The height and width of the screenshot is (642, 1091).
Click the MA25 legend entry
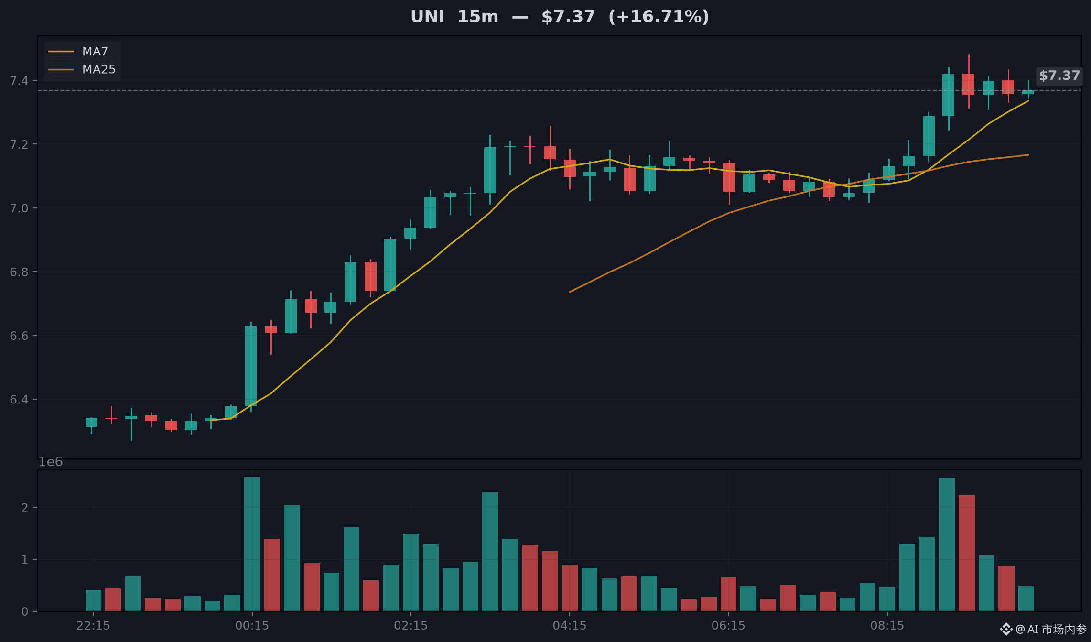82,69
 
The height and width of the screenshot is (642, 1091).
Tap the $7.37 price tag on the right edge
1059,76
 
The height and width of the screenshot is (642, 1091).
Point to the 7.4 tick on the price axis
19,80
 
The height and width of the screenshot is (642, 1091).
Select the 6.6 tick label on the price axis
19,336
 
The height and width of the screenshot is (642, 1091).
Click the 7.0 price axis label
19,208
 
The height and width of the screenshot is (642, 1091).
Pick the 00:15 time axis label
252,626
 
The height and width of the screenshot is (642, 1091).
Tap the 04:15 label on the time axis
570,626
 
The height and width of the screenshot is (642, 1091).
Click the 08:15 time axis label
887,626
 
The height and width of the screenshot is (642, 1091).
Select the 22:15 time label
93,626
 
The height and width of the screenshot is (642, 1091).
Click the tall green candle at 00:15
251,367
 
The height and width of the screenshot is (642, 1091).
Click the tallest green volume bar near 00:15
252,544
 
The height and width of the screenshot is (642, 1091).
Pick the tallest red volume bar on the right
966,553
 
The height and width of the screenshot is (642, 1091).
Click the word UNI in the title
427,17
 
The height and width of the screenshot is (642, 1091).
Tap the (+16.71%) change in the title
659,17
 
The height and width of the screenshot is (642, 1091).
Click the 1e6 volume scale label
51,462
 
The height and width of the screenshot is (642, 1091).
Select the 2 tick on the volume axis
25,507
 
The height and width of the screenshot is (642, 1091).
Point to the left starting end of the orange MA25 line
570,292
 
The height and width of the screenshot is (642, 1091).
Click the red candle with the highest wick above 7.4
969,82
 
